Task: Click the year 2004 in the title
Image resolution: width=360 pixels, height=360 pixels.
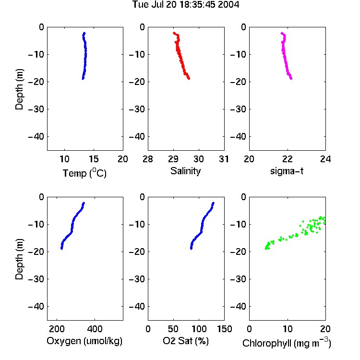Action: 228,4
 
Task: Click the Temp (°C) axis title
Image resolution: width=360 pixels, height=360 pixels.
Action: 84,173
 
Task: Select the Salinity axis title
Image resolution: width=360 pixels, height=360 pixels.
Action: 185,171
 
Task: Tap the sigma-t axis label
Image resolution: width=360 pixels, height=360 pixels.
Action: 287,171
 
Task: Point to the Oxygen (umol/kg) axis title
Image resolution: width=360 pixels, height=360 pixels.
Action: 84,341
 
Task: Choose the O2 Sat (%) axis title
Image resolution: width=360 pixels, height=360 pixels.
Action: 185,341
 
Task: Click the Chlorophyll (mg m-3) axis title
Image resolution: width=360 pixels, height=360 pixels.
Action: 287,343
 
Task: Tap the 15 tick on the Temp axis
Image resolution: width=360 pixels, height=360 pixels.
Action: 94,159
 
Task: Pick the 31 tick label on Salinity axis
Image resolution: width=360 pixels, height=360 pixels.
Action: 224,159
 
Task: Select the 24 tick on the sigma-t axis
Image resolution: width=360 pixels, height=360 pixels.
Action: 325,159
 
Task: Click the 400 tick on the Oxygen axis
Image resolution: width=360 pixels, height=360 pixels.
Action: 95,329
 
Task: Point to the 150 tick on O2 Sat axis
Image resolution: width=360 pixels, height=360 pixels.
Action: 224,329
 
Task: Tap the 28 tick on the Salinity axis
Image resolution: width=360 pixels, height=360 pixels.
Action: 148,159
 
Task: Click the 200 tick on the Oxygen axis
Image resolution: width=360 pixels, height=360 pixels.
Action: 57,329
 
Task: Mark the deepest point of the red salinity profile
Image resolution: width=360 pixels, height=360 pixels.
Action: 189,79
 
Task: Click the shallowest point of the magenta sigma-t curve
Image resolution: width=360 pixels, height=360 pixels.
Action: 282,33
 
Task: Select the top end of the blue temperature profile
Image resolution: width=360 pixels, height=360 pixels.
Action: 84,33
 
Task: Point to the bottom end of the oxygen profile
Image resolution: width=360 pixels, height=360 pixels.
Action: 61,249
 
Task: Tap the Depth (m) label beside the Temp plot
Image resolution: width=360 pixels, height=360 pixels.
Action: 19,89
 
